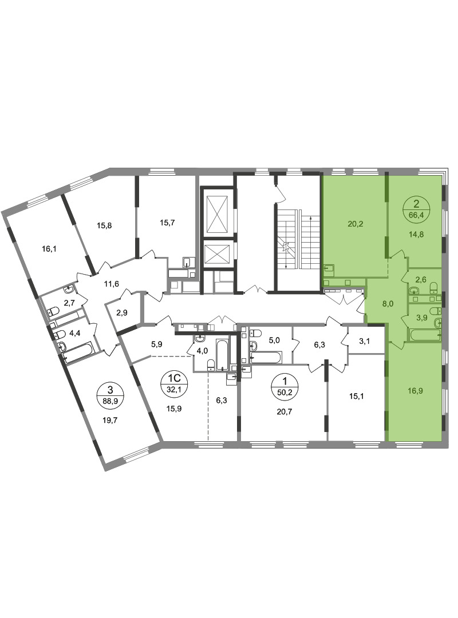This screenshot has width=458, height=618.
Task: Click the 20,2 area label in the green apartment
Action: point(355,224)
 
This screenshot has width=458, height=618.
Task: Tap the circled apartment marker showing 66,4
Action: point(416,209)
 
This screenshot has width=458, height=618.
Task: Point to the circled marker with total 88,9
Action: point(110,395)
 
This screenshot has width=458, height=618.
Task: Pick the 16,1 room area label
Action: point(49,249)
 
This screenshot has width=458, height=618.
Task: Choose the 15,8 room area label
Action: point(104,226)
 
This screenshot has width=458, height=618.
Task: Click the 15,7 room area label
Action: point(167,223)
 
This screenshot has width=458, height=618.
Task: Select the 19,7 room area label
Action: point(110,420)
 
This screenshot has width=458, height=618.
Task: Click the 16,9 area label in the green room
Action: point(416,391)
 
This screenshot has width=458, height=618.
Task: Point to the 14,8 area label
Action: point(416,233)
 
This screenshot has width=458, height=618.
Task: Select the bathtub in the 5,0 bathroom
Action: point(266,358)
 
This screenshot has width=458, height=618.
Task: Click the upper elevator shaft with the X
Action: point(216,214)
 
